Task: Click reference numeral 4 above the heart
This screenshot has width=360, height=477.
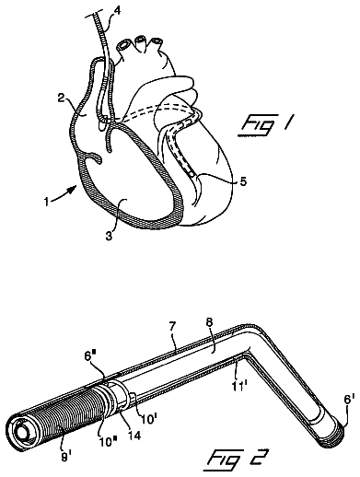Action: point(117,11)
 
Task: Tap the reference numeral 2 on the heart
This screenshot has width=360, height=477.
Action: point(61,99)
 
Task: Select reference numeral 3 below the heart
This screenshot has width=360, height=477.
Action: point(110,236)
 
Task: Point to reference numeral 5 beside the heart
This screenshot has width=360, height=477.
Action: point(243,181)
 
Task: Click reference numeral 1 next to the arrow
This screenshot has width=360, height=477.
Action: point(46,203)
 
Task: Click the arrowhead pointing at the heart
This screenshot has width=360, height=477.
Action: point(73,189)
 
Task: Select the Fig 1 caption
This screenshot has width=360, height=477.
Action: point(265,124)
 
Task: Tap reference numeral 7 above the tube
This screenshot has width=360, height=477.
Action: point(172,327)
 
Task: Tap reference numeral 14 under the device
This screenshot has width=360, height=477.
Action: point(134,435)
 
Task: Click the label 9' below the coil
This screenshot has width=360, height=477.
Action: point(65,458)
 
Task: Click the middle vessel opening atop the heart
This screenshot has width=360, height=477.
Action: point(140,40)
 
